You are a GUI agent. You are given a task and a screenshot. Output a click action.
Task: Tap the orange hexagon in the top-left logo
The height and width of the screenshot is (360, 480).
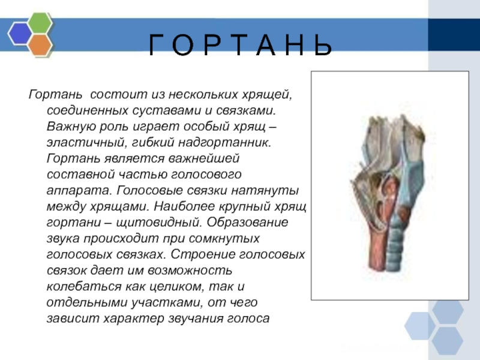click(x=40, y=44)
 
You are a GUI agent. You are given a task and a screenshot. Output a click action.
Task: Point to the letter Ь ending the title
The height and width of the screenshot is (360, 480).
click(x=322, y=45)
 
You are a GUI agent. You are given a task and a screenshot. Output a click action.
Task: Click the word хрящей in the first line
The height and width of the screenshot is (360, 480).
click(x=272, y=96)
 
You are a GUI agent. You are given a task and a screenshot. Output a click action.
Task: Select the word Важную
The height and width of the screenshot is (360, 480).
click(x=68, y=127)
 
